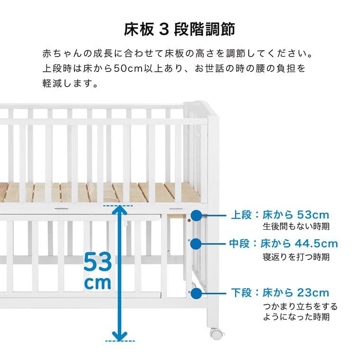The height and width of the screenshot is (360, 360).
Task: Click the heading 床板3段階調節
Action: (180, 29)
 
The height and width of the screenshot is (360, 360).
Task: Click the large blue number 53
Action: (98, 262)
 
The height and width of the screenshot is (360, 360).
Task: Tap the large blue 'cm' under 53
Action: (98, 283)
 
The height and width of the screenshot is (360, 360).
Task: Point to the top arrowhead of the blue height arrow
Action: (120, 208)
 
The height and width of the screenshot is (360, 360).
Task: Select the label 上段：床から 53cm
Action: (279, 215)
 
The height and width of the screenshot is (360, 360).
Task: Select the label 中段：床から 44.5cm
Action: (284, 244)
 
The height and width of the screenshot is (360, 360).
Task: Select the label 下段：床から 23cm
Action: (279, 292)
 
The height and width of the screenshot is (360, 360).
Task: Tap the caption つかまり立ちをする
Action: (300, 306)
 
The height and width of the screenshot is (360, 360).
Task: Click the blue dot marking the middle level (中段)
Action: (196, 244)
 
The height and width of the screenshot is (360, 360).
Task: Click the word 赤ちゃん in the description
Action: (60, 52)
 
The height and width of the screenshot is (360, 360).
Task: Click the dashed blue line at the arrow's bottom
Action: (120, 341)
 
